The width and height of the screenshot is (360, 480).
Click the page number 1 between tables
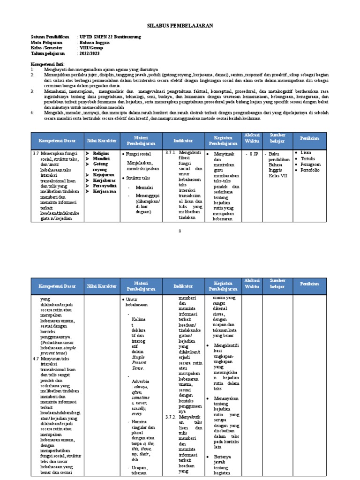tap(180, 231)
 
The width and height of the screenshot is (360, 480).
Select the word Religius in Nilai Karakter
tap(101, 153)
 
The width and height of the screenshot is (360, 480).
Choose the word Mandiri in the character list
tap(101, 158)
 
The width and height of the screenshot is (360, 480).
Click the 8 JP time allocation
tap(254, 153)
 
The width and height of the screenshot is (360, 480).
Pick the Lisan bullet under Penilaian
tap(306, 153)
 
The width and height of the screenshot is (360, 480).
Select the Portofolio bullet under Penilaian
tap(310, 171)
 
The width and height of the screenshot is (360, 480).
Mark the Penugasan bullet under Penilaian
tap(311, 165)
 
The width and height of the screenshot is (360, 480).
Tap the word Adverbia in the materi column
tap(141, 382)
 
